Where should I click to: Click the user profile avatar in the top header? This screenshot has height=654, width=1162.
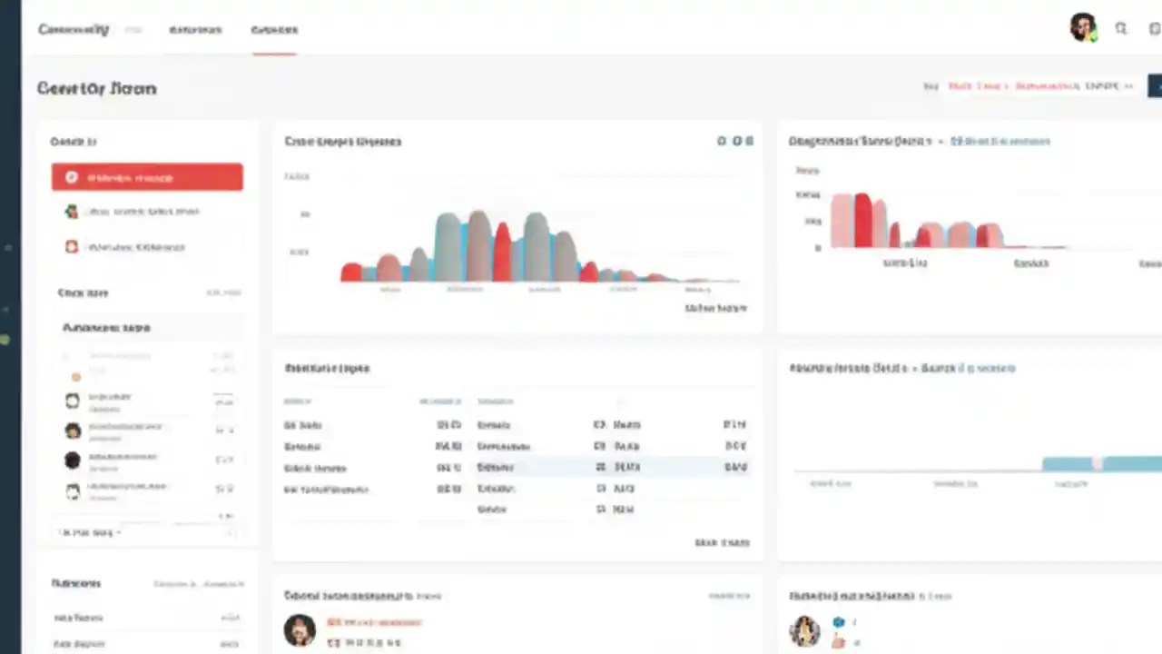coord(1083,28)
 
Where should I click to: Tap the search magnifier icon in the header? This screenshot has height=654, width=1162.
coord(1121,29)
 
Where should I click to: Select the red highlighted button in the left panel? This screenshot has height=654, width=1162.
coord(147,177)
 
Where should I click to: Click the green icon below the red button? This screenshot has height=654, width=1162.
coord(72,212)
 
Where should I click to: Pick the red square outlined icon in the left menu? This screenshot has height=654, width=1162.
coord(72,246)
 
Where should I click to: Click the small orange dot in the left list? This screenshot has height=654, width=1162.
coord(76,376)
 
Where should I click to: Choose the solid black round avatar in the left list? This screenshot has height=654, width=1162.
coord(73,461)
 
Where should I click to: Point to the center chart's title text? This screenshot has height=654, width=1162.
coord(342,142)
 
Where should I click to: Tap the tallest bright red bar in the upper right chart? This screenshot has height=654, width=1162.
coord(862,220)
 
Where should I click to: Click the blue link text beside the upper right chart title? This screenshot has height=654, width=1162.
coord(1000,142)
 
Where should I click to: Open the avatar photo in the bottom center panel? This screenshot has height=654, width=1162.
coord(300,629)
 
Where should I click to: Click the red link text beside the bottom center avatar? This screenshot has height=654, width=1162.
coord(374,623)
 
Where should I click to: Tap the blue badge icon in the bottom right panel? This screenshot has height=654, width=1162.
coord(839,622)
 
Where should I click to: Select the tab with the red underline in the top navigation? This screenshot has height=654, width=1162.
coord(274,30)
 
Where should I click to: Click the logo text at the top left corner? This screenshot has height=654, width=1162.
coord(74,30)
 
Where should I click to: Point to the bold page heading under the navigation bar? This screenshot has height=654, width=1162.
coord(96,88)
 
